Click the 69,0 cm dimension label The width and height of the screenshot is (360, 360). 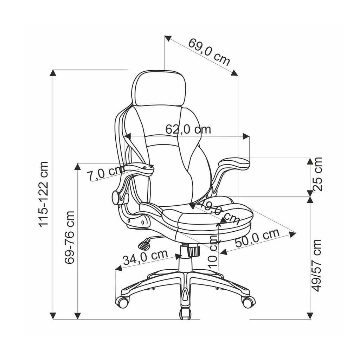tap(209, 52)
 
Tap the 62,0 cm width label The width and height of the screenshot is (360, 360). tap(188, 129)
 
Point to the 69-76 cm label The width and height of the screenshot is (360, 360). tap(69, 237)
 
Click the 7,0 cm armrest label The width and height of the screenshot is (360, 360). tap(105, 172)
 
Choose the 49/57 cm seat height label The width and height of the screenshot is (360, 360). tap(317, 265)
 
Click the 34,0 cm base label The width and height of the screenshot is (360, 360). tap(146, 257)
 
